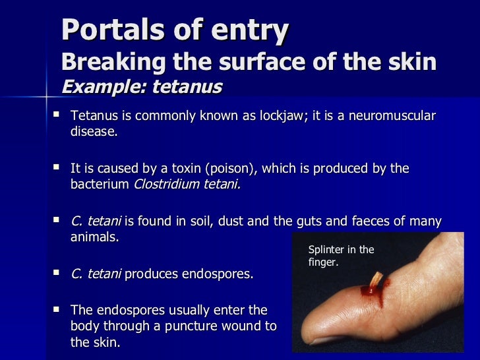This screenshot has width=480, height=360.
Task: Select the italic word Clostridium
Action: pos(166,185)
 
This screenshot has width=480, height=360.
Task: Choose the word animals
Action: pos(94,237)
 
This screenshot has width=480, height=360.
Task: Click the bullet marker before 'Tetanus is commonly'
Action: pos(55,115)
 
